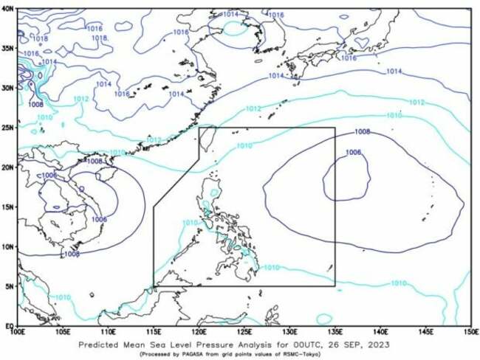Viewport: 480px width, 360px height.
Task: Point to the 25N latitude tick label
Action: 8,128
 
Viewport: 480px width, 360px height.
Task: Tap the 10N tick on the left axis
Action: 8,246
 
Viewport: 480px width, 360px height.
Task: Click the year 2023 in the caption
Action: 397,344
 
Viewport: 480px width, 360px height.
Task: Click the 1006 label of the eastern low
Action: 354,153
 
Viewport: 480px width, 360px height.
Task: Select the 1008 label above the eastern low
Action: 363,132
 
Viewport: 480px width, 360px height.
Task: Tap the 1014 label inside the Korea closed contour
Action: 231,15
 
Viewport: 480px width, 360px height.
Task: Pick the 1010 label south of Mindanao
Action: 271,267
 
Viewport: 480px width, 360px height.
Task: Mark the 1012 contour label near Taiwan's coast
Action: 153,140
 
